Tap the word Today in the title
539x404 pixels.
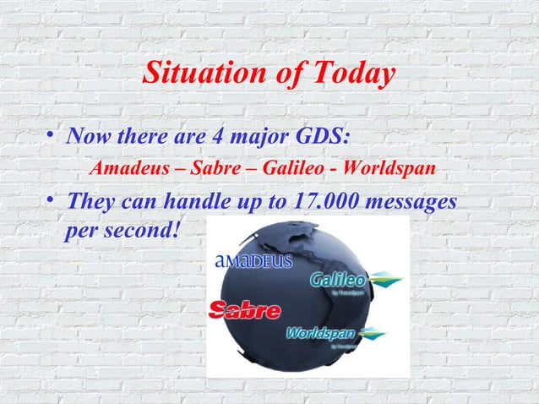click(x=348, y=74)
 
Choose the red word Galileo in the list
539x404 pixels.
click(x=292, y=167)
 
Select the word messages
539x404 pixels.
click(x=413, y=203)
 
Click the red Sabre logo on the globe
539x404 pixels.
click(x=245, y=310)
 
